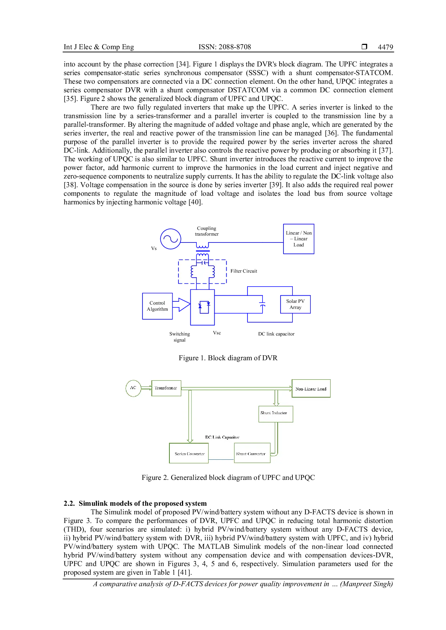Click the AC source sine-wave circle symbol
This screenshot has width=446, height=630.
click(x=170, y=238)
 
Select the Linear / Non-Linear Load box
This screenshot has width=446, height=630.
click(x=299, y=239)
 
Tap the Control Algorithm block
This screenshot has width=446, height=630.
click(x=158, y=306)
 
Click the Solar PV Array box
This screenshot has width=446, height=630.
click(x=295, y=304)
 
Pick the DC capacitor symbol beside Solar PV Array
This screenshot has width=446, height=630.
click(x=263, y=305)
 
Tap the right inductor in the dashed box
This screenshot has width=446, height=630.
click(x=213, y=272)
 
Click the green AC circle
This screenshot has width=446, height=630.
click(x=133, y=388)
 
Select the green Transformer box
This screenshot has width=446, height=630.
click(x=166, y=388)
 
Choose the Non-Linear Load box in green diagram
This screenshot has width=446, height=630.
click(x=311, y=389)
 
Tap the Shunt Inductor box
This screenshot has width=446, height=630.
click(x=276, y=414)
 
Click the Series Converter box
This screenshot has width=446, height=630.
click(x=189, y=453)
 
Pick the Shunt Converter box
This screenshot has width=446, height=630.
click(x=252, y=453)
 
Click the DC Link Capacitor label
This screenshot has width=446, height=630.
click(x=222, y=437)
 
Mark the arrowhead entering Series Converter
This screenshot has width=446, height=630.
click(x=190, y=441)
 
